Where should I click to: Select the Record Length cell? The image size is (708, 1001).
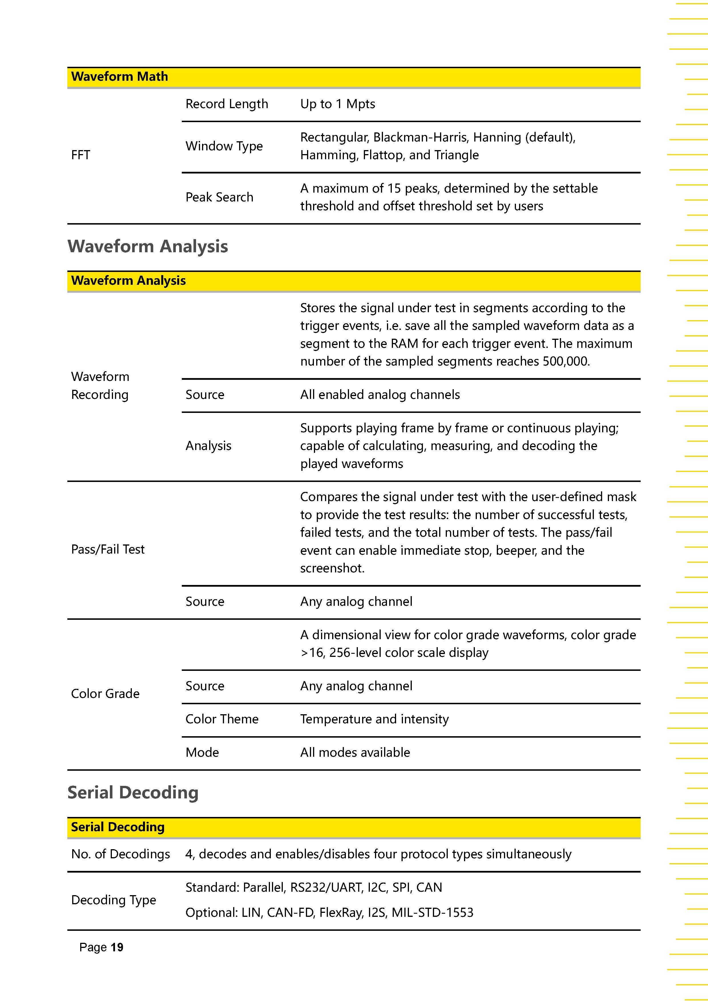(227, 104)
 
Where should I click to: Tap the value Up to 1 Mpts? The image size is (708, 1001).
(337, 104)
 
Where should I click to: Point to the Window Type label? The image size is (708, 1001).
(224, 146)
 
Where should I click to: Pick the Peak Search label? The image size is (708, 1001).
(219, 197)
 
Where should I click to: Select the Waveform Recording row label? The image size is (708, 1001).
(100, 386)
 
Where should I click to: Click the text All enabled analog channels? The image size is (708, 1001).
(380, 395)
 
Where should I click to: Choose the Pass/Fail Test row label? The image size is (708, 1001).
(108, 549)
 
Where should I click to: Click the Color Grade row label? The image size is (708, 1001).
(105, 694)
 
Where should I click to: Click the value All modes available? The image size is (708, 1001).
(355, 752)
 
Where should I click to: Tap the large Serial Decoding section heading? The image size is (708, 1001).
(133, 793)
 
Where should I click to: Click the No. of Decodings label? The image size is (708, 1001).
(120, 854)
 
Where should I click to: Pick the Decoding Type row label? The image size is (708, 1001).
(113, 900)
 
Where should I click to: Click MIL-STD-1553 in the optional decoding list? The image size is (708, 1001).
(432, 913)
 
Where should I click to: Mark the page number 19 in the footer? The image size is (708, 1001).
(117, 947)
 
